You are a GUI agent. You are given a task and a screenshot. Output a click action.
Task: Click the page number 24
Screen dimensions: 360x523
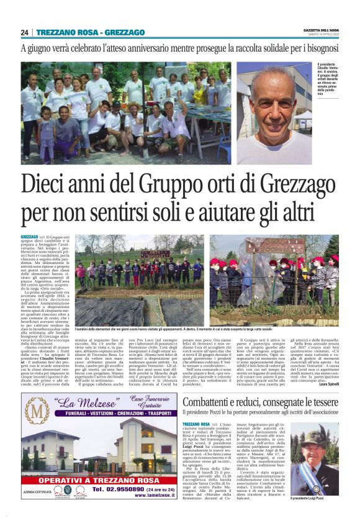click(25, 32)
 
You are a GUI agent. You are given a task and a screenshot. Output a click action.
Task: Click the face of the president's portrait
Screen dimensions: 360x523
click(273, 102)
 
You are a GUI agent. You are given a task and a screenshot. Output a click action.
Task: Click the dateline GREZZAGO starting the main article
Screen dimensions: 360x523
click(29, 237)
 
